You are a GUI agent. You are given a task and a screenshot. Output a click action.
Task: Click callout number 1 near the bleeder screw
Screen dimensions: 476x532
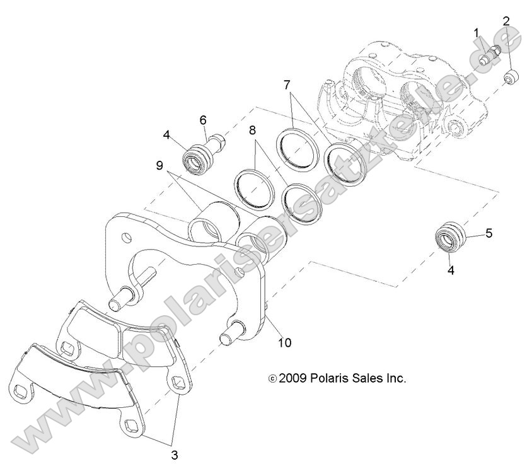click(x=477, y=32)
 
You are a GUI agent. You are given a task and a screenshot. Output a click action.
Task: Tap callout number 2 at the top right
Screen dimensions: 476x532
click(x=506, y=21)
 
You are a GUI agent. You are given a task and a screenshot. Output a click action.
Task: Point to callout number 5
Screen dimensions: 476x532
click(x=489, y=233)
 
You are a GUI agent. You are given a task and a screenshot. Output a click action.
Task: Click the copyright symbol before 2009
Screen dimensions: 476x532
click(x=272, y=379)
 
